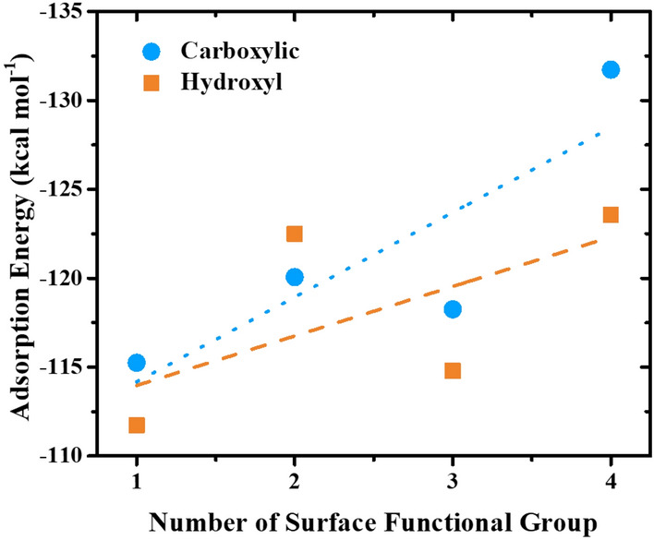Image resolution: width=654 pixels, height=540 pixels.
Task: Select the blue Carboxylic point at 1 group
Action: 137,363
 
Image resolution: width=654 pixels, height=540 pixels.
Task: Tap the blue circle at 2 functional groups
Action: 295,277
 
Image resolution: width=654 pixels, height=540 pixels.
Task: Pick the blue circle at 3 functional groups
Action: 453,309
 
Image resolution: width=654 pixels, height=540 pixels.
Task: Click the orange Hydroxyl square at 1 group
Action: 137,426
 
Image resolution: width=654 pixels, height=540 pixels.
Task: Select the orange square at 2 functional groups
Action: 295,234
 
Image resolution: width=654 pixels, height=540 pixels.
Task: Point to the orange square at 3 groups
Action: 453,371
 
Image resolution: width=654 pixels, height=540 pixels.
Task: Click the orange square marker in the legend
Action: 151,83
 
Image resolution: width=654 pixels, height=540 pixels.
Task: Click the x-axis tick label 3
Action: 453,482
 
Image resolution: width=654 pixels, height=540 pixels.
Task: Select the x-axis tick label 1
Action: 137,482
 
